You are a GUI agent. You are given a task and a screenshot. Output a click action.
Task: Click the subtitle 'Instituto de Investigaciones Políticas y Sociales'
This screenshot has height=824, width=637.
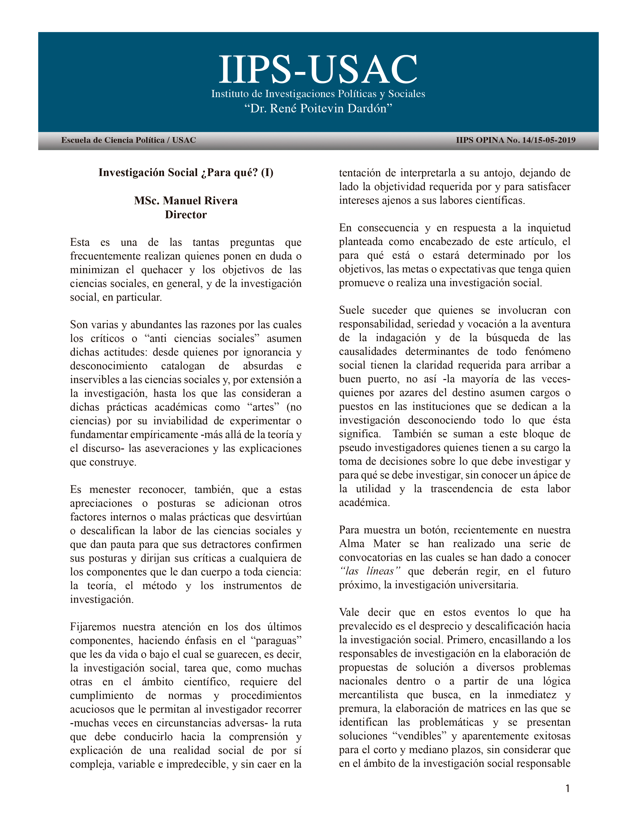coord(318,94)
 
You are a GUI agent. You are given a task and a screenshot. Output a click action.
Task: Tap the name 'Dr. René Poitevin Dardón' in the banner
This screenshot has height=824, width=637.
coord(318,109)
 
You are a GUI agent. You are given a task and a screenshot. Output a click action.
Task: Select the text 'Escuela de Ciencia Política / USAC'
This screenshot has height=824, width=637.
coord(128,140)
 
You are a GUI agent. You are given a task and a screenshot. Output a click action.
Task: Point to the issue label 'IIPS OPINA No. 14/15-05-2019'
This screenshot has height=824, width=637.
coord(516,140)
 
